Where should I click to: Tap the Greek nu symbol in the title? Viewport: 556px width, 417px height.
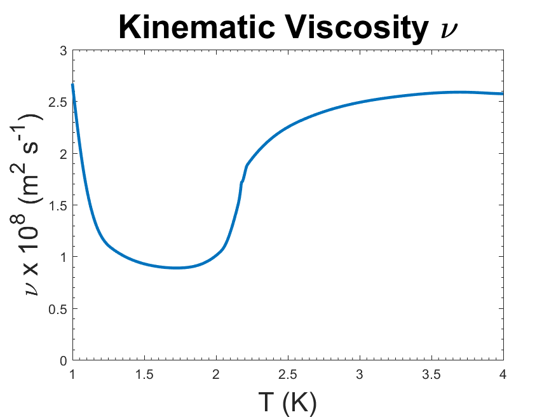pyautogui.click(x=443, y=31)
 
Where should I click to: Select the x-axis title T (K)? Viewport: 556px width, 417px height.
pyautogui.click(x=287, y=402)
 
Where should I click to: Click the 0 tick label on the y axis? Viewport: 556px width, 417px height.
pyautogui.click(x=62, y=360)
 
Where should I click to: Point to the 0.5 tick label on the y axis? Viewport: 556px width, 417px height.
pyautogui.click(x=58, y=309)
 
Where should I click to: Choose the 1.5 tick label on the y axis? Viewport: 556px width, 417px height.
pyautogui.click(x=58, y=205)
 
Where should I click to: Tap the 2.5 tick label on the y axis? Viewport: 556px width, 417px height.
pyautogui.click(x=58, y=102)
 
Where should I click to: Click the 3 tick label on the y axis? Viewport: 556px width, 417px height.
pyautogui.click(x=62, y=50)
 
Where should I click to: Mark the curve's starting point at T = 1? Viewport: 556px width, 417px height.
pyautogui.click(x=72, y=85)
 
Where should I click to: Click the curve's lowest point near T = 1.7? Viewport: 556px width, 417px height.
pyautogui.click(x=177, y=268)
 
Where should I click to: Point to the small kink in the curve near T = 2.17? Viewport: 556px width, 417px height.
pyautogui.click(x=241, y=182)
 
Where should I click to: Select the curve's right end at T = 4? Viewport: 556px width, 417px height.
pyautogui.click(x=503, y=93)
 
